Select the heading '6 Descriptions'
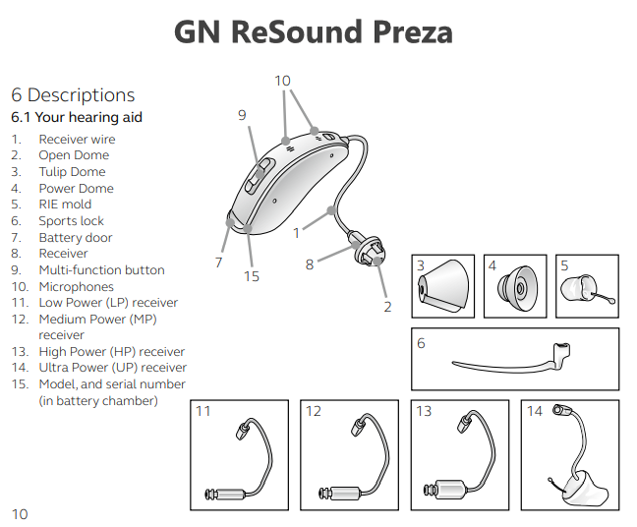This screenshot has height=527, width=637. pos(73,95)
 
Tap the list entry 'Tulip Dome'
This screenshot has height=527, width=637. pos(72,172)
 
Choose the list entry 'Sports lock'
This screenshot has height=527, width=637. pos(71,221)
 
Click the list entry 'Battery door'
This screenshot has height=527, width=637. pos(75,237)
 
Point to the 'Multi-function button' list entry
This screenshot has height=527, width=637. pos(101,269)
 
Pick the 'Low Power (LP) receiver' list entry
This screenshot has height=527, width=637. pos(108,303)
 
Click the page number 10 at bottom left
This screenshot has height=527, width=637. pos(20,513)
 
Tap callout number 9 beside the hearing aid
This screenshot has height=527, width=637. pos(242,115)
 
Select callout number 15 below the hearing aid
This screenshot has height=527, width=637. pos(252,276)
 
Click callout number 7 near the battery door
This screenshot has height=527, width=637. pos(218,263)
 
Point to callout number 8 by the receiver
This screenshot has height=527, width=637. pos(309,263)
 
